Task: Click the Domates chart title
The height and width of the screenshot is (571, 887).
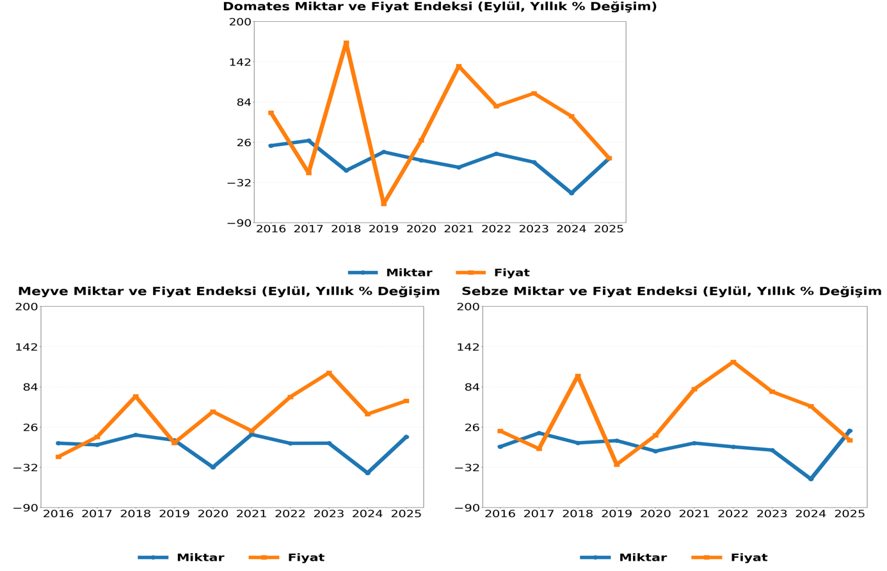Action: [x=440, y=7]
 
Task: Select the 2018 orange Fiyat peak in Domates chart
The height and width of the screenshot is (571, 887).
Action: [x=346, y=44]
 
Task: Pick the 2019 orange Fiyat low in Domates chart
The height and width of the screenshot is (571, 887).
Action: [x=384, y=203]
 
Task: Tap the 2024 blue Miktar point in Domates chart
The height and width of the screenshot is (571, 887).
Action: [x=571, y=193]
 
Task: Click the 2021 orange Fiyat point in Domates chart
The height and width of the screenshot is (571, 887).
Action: [x=459, y=67]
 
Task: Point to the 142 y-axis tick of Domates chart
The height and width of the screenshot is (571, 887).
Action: [x=240, y=62]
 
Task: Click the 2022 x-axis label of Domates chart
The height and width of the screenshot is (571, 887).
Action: [x=496, y=229]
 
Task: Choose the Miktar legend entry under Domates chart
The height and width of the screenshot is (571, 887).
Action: [x=390, y=273]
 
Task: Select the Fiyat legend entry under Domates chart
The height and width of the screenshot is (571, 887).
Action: [x=493, y=273]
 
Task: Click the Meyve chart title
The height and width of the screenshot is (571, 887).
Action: [x=228, y=292]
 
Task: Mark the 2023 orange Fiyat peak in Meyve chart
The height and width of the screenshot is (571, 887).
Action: [x=329, y=373]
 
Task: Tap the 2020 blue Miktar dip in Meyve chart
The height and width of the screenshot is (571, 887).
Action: [x=213, y=467]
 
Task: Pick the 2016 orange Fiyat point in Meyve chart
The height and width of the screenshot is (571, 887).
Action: [x=58, y=457]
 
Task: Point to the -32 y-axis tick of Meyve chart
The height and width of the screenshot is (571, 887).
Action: [x=26, y=467]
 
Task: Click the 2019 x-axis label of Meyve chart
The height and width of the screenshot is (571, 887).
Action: [x=174, y=514]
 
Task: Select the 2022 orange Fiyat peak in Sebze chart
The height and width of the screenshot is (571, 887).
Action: [x=733, y=362]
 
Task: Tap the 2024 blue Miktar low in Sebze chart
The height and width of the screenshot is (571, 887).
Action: [x=811, y=479]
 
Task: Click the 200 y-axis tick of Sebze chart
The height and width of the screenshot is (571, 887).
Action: [x=468, y=307]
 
